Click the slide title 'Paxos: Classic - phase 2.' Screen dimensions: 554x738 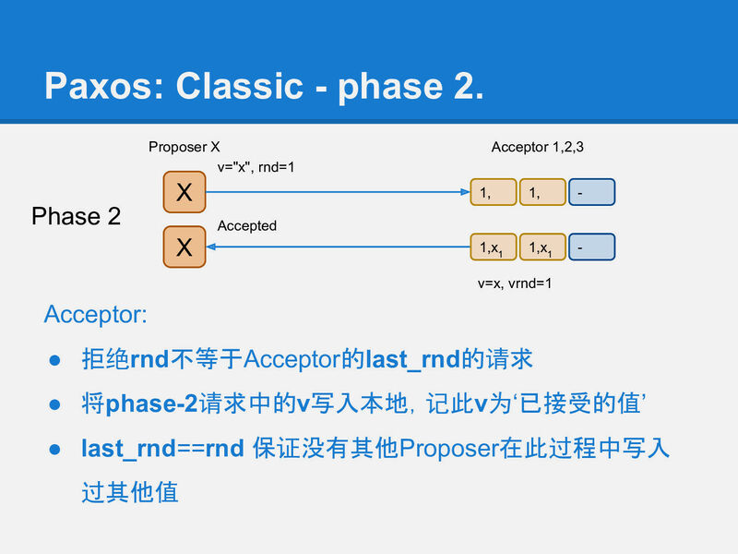tap(264, 85)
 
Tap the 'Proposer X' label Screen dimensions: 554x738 tap(184, 147)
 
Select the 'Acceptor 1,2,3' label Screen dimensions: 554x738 tap(537, 147)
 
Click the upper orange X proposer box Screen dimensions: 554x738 tap(184, 192)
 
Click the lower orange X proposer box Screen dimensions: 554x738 tap(184, 247)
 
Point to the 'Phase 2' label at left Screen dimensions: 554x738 tap(76, 216)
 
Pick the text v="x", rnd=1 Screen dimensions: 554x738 tap(256, 168)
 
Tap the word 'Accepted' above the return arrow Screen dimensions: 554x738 tap(246, 226)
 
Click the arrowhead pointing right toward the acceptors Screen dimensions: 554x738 tap(465, 192)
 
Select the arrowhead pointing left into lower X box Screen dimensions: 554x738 tap(209, 247)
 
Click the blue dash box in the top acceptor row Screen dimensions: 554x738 tap(591, 192)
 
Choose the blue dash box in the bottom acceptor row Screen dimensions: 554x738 tap(591, 247)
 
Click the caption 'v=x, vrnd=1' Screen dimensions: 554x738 tap(515, 283)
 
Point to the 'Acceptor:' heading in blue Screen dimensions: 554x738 tap(95, 315)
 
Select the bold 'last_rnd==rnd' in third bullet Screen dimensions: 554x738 tap(162, 448)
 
